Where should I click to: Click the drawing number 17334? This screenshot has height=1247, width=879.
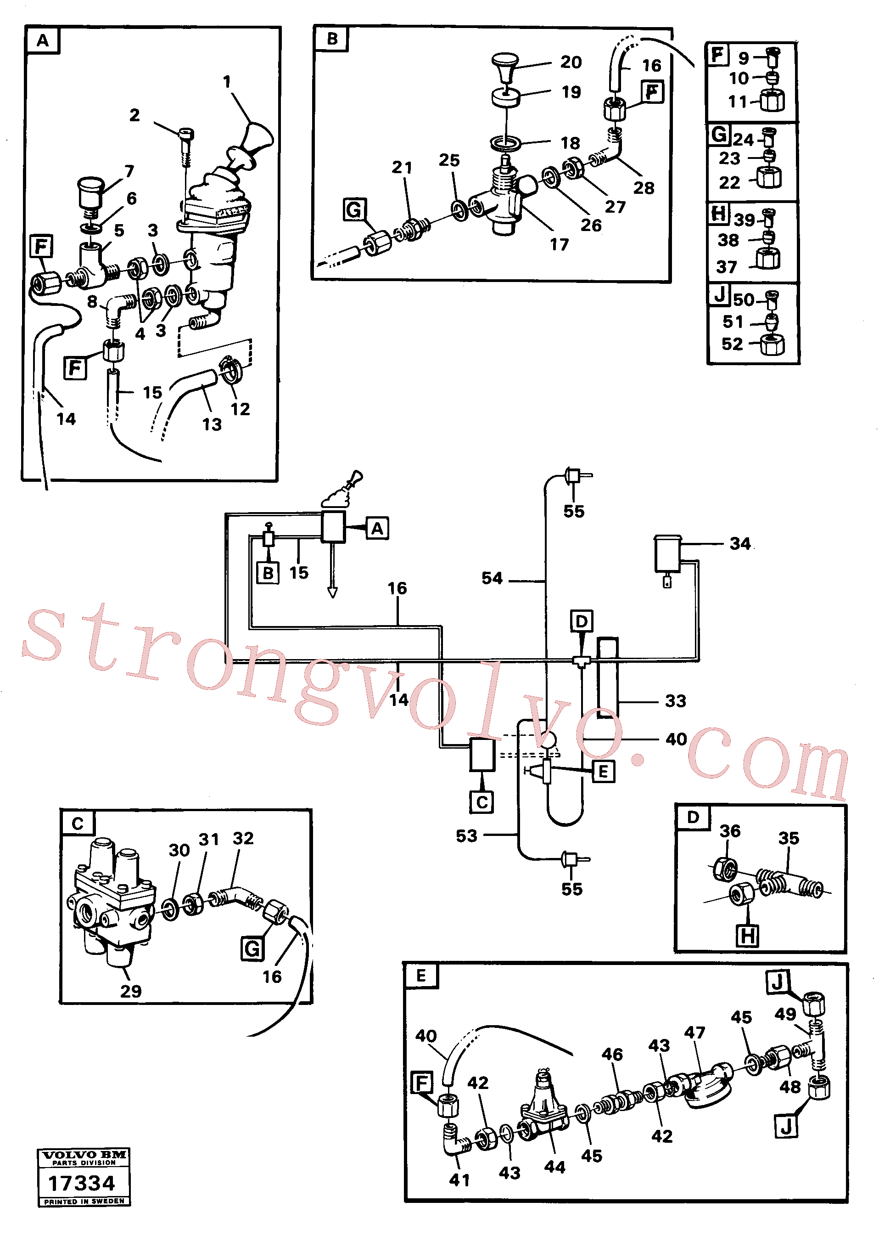coord(82,1183)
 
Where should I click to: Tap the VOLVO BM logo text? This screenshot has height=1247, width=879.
coord(84,1155)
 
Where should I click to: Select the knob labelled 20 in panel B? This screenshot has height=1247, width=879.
coord(505,66)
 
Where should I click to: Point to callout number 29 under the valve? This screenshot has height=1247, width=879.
coord(131,991)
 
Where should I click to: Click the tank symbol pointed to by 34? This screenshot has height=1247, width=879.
coord(668,553)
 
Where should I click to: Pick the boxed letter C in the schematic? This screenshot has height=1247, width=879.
coord(481,802)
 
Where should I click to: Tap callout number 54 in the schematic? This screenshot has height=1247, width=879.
coord(492,578)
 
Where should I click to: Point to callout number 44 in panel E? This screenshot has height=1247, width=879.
coord(555,1167)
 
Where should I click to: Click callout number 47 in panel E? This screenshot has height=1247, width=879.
coord(694,1033)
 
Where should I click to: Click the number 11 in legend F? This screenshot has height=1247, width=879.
coord(738,102)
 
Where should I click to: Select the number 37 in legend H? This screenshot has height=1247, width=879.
coord(727,267)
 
